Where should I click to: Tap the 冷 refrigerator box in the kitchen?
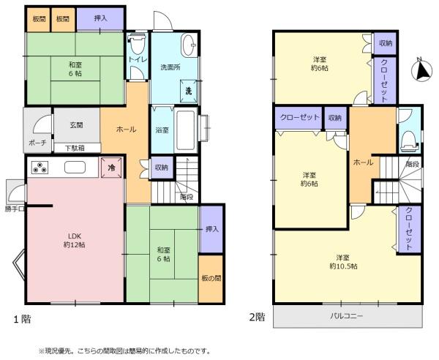pyautogui.click(x=111, y=168)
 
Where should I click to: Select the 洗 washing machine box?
pyautogui.click(x=189, y=91)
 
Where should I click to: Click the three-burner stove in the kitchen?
pyautogui.click(x=40, y=168)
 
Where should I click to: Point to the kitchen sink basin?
pyautogui.click(x=75, y=168)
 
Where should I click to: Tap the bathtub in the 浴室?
pyautogui.click(x=186, y=131)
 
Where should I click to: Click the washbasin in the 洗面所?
pyautogui.click(x=189, y=45)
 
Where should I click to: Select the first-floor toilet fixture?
pyautogui.click(x=138, y=44)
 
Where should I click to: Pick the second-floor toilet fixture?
pyautogui.click(x=409, y=142)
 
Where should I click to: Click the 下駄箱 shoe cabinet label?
pyautogui.click(x=75, y=148)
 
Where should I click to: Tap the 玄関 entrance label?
pyautogui.click(x=76, y=125)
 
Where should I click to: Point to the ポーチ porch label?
pyautogui.click(x=38, y=143)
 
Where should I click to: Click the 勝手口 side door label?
pyautogui.click(x=15, y=209)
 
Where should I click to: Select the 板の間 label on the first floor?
pyautogui.click(x=211, y=278)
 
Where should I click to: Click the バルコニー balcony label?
pyautogui.click(x=346, y=316)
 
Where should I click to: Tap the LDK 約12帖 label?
pyautogui.click(x=75, y=240)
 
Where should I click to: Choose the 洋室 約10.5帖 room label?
pyautogui.click(x=343, y=261)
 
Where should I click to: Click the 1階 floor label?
pyautogui.click(x=23, y=319)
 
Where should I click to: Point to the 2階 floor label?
pyautogui.click(x=257, y=317)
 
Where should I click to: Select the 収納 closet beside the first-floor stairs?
pyautogui.click(x=162, y=168)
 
